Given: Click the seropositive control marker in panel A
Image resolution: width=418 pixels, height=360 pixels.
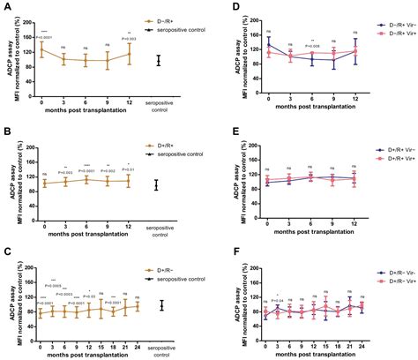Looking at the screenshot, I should click(x=159, y=60).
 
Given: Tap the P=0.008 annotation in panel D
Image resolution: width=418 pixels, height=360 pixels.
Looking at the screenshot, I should click(x=311, y=43).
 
